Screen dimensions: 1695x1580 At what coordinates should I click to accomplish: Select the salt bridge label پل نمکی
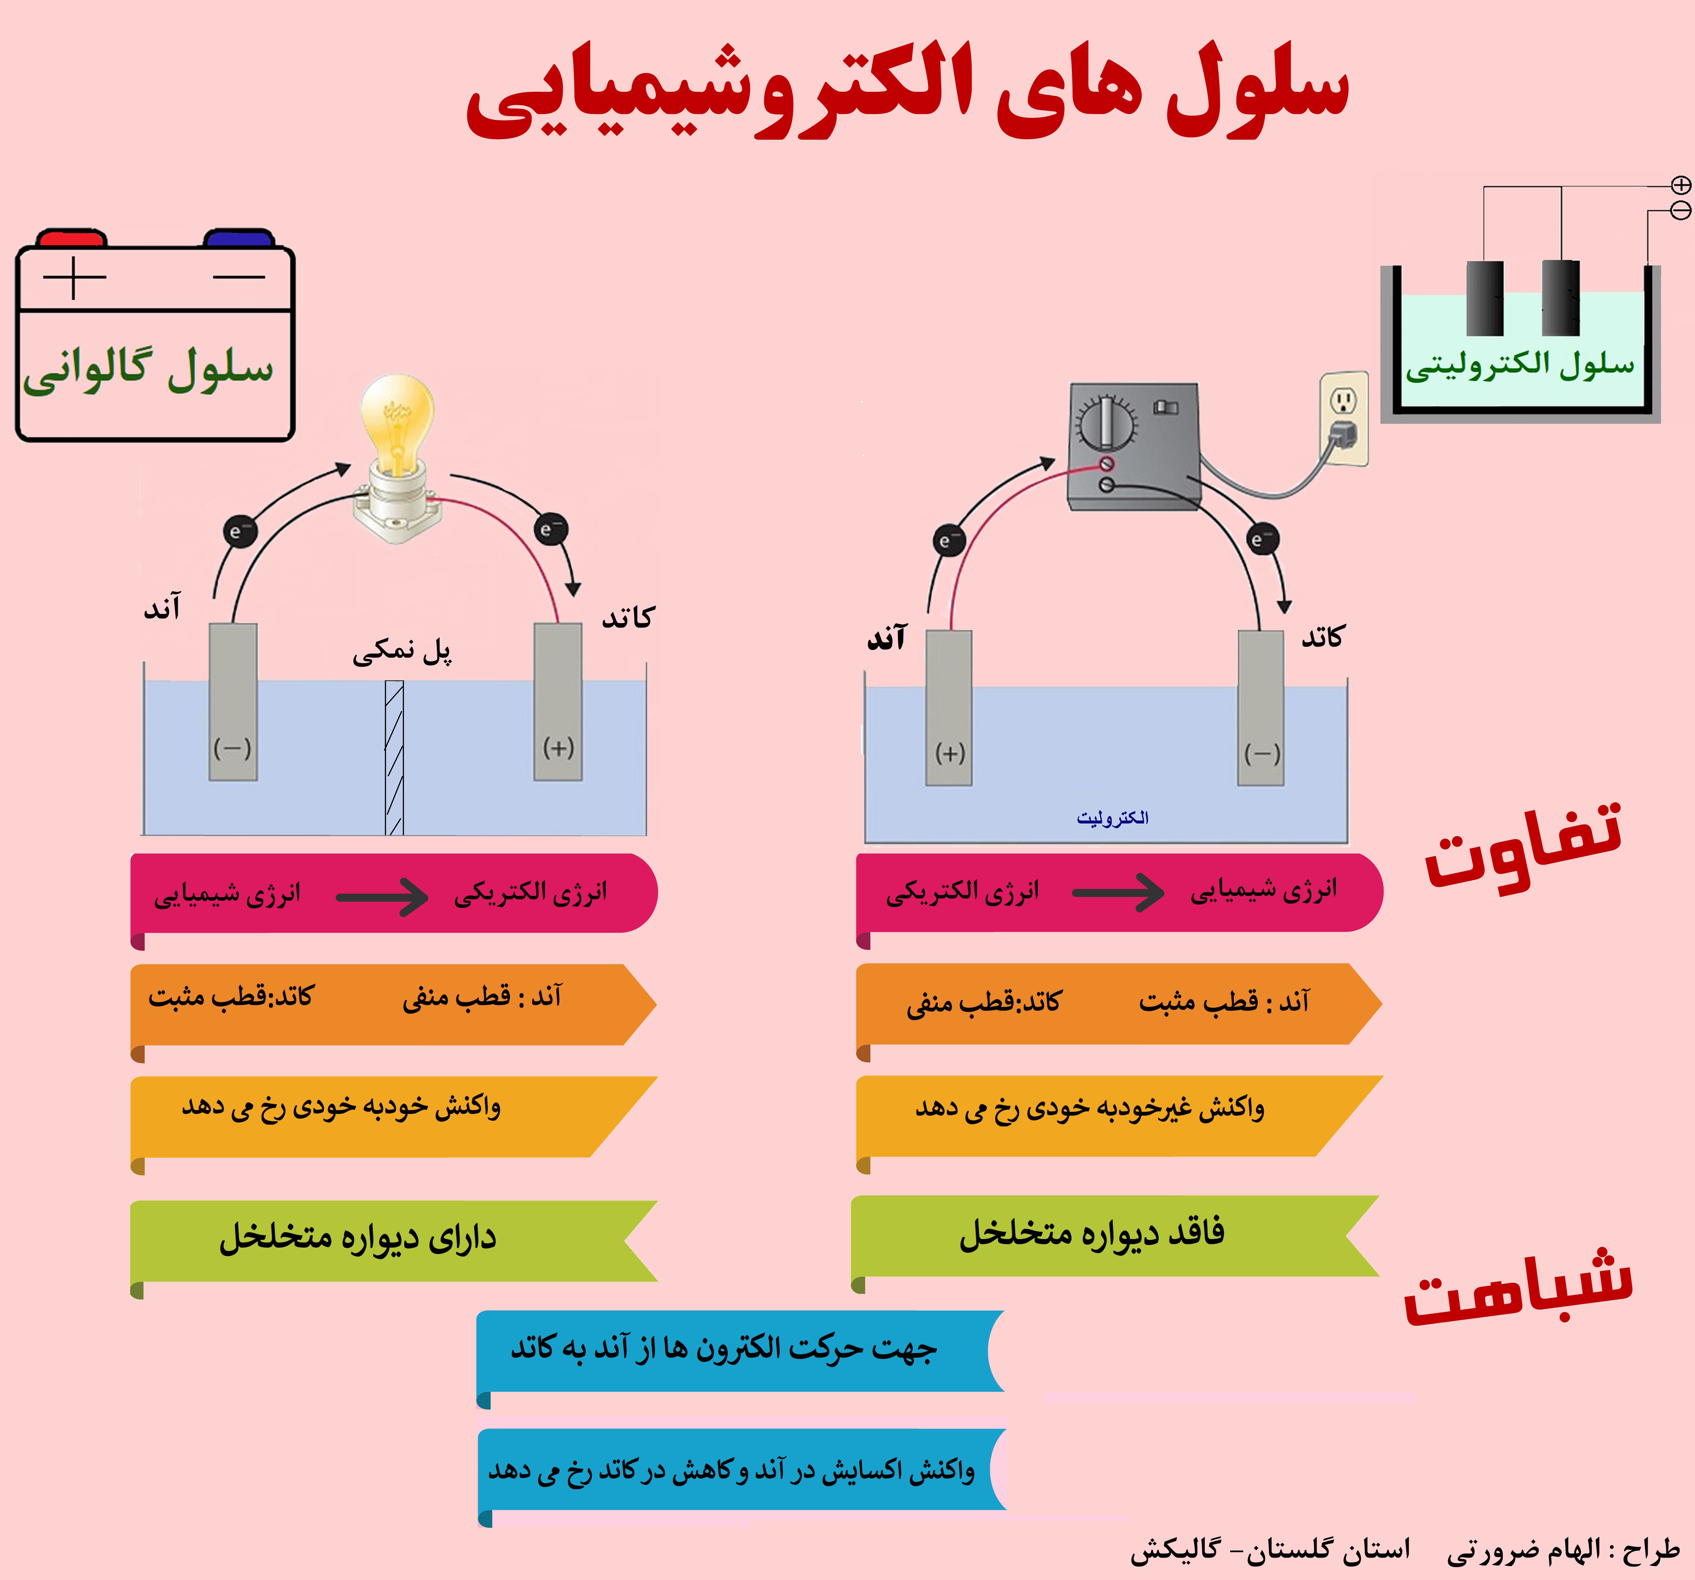tap(402, 651)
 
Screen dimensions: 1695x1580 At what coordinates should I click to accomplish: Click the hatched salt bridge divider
tap(394, 757)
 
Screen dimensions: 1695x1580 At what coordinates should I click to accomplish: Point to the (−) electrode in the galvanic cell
tap(233, 702)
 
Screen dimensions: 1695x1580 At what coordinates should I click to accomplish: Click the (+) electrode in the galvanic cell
tap(558, 702)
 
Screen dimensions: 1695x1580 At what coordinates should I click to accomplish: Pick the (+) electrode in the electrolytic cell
tap(949, 708)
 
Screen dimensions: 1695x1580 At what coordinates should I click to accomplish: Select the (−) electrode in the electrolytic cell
tap(1261, 708)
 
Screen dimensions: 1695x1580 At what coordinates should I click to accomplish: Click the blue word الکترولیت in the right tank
tap(1113, 818)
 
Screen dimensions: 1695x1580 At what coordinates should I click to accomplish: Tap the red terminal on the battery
tap(73, 238)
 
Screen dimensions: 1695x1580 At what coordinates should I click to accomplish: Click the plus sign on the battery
tap(74, 277)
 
